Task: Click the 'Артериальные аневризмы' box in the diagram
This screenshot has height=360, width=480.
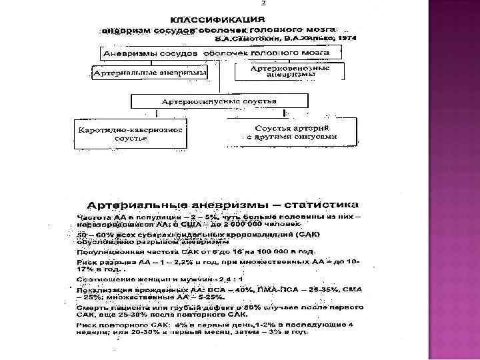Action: click(149, 71)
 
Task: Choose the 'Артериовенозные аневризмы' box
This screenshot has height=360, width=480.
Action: click(291, 71)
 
